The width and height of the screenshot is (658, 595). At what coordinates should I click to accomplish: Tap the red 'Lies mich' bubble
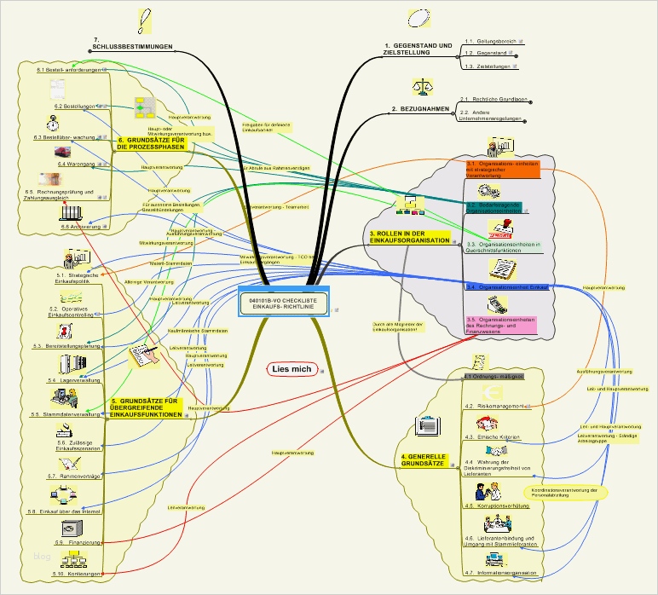[x=291, y=369]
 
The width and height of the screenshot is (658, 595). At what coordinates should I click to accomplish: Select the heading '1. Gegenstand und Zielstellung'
[x=417, y=48]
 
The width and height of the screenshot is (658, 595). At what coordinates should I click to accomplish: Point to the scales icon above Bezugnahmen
[x=421, y=88]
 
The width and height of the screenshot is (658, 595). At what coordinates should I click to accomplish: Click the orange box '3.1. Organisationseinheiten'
[x=503, y=167]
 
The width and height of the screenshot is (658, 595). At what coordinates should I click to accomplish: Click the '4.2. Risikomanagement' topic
[x=493, y=407]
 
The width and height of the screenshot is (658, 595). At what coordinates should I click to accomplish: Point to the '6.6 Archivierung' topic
[x=82, y=228]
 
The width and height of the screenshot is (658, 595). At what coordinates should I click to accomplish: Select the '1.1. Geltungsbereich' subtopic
[x=491, y=40]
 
